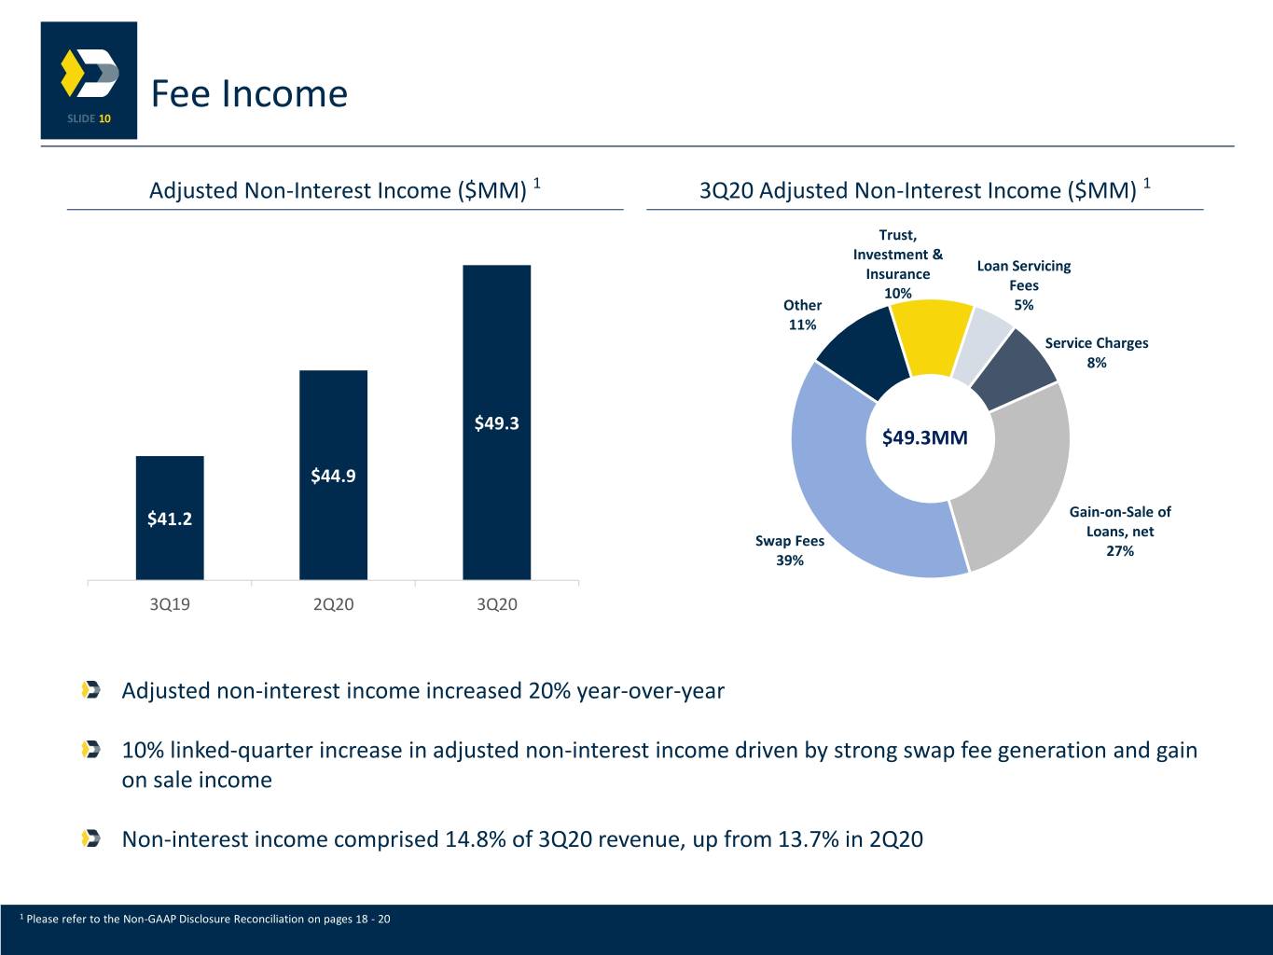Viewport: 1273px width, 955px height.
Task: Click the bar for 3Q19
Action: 170,518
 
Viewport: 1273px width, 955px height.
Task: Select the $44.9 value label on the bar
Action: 333,476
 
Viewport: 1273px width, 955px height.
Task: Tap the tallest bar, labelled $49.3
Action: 496,422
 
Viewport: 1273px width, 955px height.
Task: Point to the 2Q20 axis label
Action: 333,604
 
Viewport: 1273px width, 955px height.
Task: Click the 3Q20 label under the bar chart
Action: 496,604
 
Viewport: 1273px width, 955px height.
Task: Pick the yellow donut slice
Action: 930,338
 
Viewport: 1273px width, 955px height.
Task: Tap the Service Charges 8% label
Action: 1096,353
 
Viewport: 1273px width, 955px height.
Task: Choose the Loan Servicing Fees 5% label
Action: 1024,285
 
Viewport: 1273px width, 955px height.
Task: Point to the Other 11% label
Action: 802,315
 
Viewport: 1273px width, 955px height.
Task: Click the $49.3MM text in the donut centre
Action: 925,437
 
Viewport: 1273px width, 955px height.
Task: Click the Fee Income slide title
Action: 249,93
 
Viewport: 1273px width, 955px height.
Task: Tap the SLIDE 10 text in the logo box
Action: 89,118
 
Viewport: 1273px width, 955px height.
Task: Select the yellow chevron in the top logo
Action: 71,73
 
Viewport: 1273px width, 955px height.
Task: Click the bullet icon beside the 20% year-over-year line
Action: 91,690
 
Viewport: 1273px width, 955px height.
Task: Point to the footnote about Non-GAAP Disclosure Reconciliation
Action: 205,919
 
